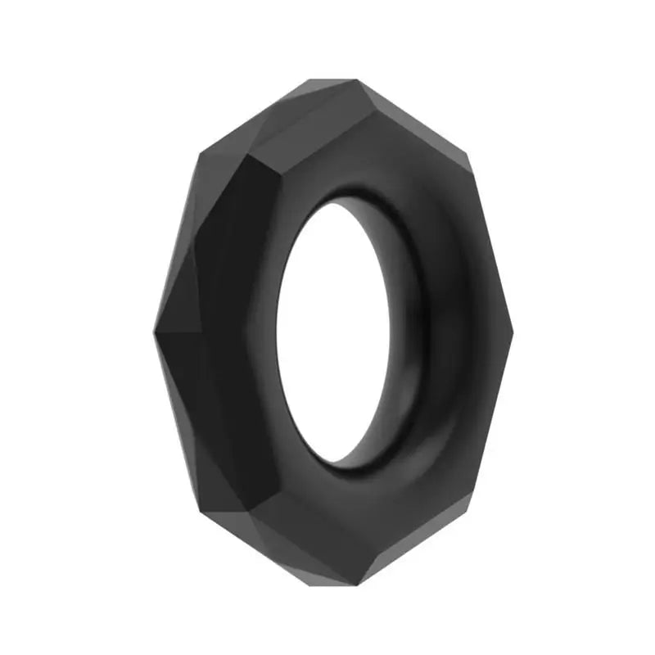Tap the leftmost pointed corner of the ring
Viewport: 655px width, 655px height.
[153, 334]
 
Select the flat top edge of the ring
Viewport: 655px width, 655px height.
[332, 80]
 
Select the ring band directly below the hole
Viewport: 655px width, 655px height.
[360, 524]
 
